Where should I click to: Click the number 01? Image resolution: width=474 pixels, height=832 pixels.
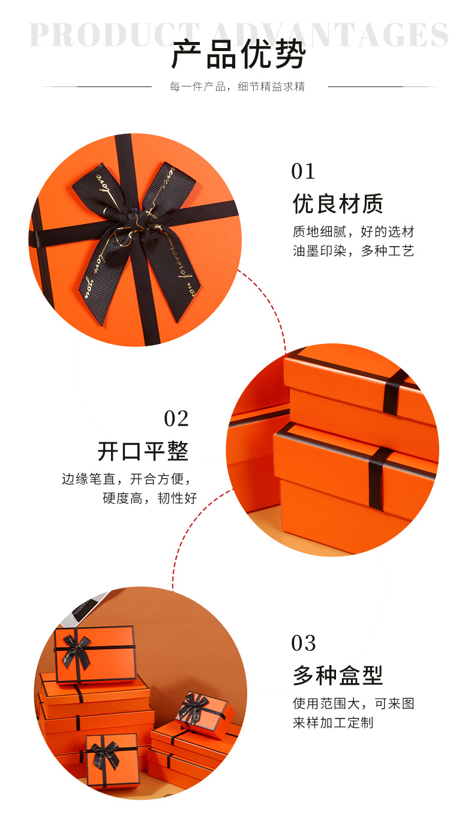pos(303,172)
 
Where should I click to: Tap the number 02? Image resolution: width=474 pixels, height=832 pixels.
pos(176,418)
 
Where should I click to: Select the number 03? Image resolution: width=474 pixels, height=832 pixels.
pos(303,643)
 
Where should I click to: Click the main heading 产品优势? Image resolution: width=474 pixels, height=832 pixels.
pos(238,56)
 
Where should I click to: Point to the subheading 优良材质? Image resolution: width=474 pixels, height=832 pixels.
pos(338,204)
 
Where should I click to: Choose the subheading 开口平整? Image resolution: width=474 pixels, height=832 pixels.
pos(143,451)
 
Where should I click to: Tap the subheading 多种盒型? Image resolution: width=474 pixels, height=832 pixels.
pos(338,675)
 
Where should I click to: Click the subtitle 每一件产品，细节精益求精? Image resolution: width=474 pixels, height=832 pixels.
pos(238,87)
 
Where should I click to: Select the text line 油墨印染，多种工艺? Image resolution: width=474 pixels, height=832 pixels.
pos(353,252)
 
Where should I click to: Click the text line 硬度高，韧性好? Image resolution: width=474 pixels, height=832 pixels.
pos(149,498)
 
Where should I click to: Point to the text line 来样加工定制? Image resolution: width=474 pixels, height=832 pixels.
pos(333,723)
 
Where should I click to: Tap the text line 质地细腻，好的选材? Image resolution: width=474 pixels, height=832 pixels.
pos(353,232)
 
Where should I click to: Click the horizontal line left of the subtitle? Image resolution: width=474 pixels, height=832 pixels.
pos(96,87)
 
